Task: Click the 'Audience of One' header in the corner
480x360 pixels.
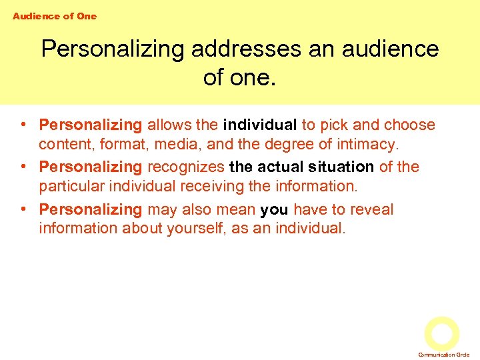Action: pyautogui.click(x=55, y=16)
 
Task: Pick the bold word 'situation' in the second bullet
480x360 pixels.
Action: pyautogui.click(x=341, y=167)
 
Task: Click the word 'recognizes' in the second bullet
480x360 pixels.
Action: pyautogui.click(x=186, y=167)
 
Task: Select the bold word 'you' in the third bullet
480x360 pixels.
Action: pyautogui.click(x=274, y=209)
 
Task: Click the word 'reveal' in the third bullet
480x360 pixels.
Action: pyautogui.click(x=372, y=209)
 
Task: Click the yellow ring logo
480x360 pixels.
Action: pyautogui.click(x=442, y=333)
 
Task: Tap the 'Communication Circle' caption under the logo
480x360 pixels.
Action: pyautogui.click(x=444, y=355)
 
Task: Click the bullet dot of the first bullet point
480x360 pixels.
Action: pyautogui.click(x=23, y=125)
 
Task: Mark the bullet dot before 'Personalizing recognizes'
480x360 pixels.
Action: pyautogui.click(x=23, y=167)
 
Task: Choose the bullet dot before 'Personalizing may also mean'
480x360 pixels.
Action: pyautogui.click(x=23, y=209)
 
